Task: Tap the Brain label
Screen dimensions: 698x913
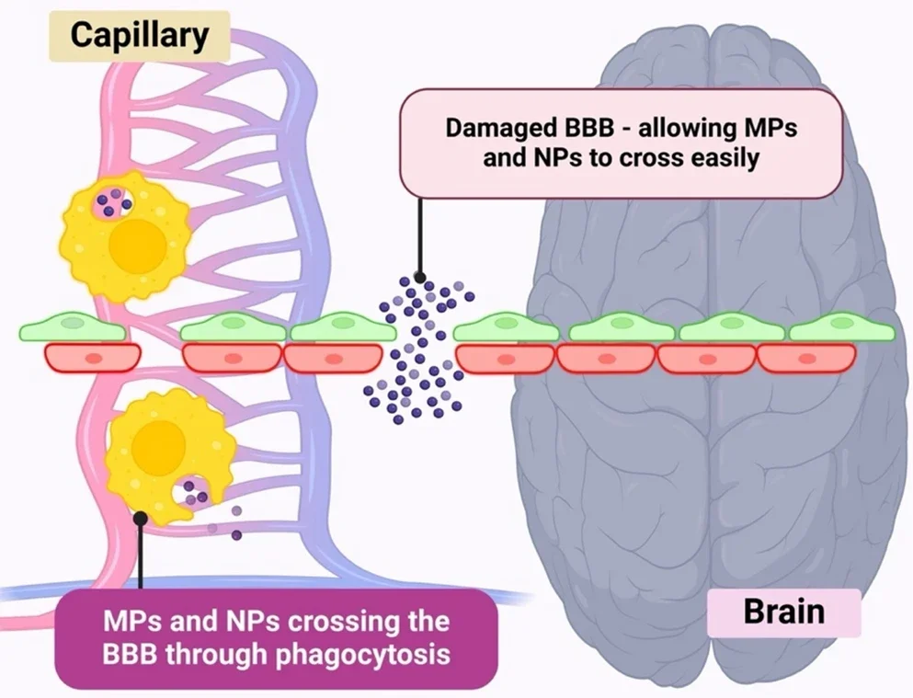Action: point(783,612)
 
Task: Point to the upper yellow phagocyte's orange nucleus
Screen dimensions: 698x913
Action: point(138,243)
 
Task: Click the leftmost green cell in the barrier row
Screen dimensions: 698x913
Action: point(77,328)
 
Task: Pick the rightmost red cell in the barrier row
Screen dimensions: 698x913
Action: point(805,357)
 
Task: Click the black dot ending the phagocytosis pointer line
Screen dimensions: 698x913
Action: point(140,518)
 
